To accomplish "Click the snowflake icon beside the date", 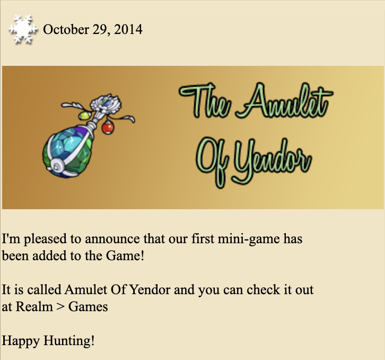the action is pyautogui.click(x=23, y=30).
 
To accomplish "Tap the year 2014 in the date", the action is pyautogui.click(x=128, y=30).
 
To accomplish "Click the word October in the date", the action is pyautogui.click(x=66, y=30).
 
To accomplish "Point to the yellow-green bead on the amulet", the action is pyautogui.click(x=85, y=116).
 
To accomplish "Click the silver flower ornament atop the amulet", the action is pyautogui.click(x=106, y=104).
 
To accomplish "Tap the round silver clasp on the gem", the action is pyautogui.click(x=57, y=167).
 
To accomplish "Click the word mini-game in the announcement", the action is pyautogui.click(x=249, y=239).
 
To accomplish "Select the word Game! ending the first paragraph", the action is pyautogui.click(x=125, y=256).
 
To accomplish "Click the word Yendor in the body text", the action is pyautogui.click(x=150, y=290).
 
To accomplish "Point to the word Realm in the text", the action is pyautogui.click(x=34, y=307).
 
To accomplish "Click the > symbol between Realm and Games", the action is pyautogui.click(x=60, y=307).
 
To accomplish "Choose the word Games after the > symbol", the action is pyautogui.click(x=88, y=307).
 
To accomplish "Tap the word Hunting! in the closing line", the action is pyautogui.click(x=69, y=341).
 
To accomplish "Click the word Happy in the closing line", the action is pyautogui.click(x=21, y=342).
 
